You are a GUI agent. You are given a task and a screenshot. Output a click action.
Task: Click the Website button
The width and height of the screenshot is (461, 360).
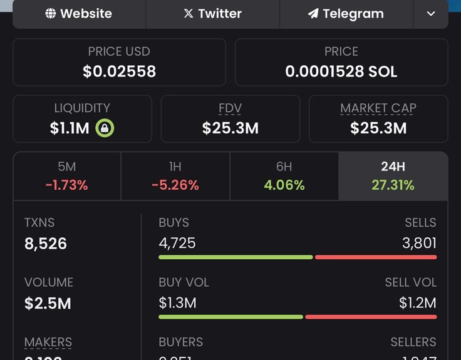coord(79,14)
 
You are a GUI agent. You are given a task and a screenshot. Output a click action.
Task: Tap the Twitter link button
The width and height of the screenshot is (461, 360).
coord(212,14)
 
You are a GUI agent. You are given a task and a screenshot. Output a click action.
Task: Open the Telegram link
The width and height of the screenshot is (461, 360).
coord(346,14)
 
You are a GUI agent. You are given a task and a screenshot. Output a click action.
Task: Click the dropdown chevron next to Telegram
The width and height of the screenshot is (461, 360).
coord(431,14)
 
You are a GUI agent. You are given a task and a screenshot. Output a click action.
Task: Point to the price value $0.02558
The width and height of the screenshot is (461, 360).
coord(119,72)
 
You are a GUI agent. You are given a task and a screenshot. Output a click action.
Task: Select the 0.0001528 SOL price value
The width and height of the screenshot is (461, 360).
coord(341,72)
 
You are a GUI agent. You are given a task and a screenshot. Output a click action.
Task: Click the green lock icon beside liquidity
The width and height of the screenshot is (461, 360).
coord(105,128)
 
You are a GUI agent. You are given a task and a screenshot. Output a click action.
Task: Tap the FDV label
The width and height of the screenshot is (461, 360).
coord(230,108)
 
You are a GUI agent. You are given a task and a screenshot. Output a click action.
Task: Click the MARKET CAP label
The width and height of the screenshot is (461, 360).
coord(378,108)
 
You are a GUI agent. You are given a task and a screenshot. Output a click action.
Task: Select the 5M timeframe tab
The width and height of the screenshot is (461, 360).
coord(66,176)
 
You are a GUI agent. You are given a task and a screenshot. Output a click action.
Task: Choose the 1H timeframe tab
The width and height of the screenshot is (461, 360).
coord(175,176)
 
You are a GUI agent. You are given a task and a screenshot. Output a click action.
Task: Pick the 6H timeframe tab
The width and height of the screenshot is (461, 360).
coord(284,176)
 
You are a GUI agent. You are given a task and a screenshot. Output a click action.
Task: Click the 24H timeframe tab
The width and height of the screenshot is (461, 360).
coord(393,176)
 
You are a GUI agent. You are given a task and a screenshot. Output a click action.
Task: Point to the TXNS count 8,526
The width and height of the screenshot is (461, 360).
coord(46,244)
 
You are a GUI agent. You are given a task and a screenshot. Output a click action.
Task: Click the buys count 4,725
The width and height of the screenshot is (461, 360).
coord(177,243)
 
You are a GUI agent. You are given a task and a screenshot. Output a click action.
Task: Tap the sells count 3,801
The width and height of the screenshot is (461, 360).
coord(419,243)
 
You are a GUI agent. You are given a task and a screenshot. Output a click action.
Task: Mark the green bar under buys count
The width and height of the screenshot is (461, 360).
coord(236,257)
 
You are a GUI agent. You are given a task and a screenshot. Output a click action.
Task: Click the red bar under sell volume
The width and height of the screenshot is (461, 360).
coord(371,317)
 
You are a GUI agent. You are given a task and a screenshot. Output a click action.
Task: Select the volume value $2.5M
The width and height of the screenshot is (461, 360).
coord(48,304)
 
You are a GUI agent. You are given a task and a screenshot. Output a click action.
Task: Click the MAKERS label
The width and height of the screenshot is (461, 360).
coord(48,342)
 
